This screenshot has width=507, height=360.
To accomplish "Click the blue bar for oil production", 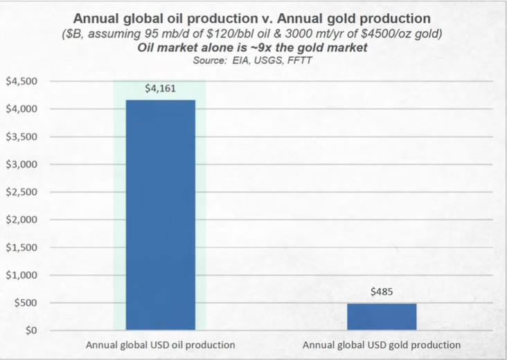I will click(x=161, y=215).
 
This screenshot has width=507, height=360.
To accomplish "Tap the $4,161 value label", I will click(x=160, y=89).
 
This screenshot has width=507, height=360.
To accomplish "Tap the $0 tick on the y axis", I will click(x=29, y=331).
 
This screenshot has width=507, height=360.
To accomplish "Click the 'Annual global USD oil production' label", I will click(x=160, y=344).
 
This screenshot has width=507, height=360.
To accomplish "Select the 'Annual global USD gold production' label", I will click(x=382, y=344).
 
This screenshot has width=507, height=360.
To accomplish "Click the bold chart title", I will click(x=253, y=18).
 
